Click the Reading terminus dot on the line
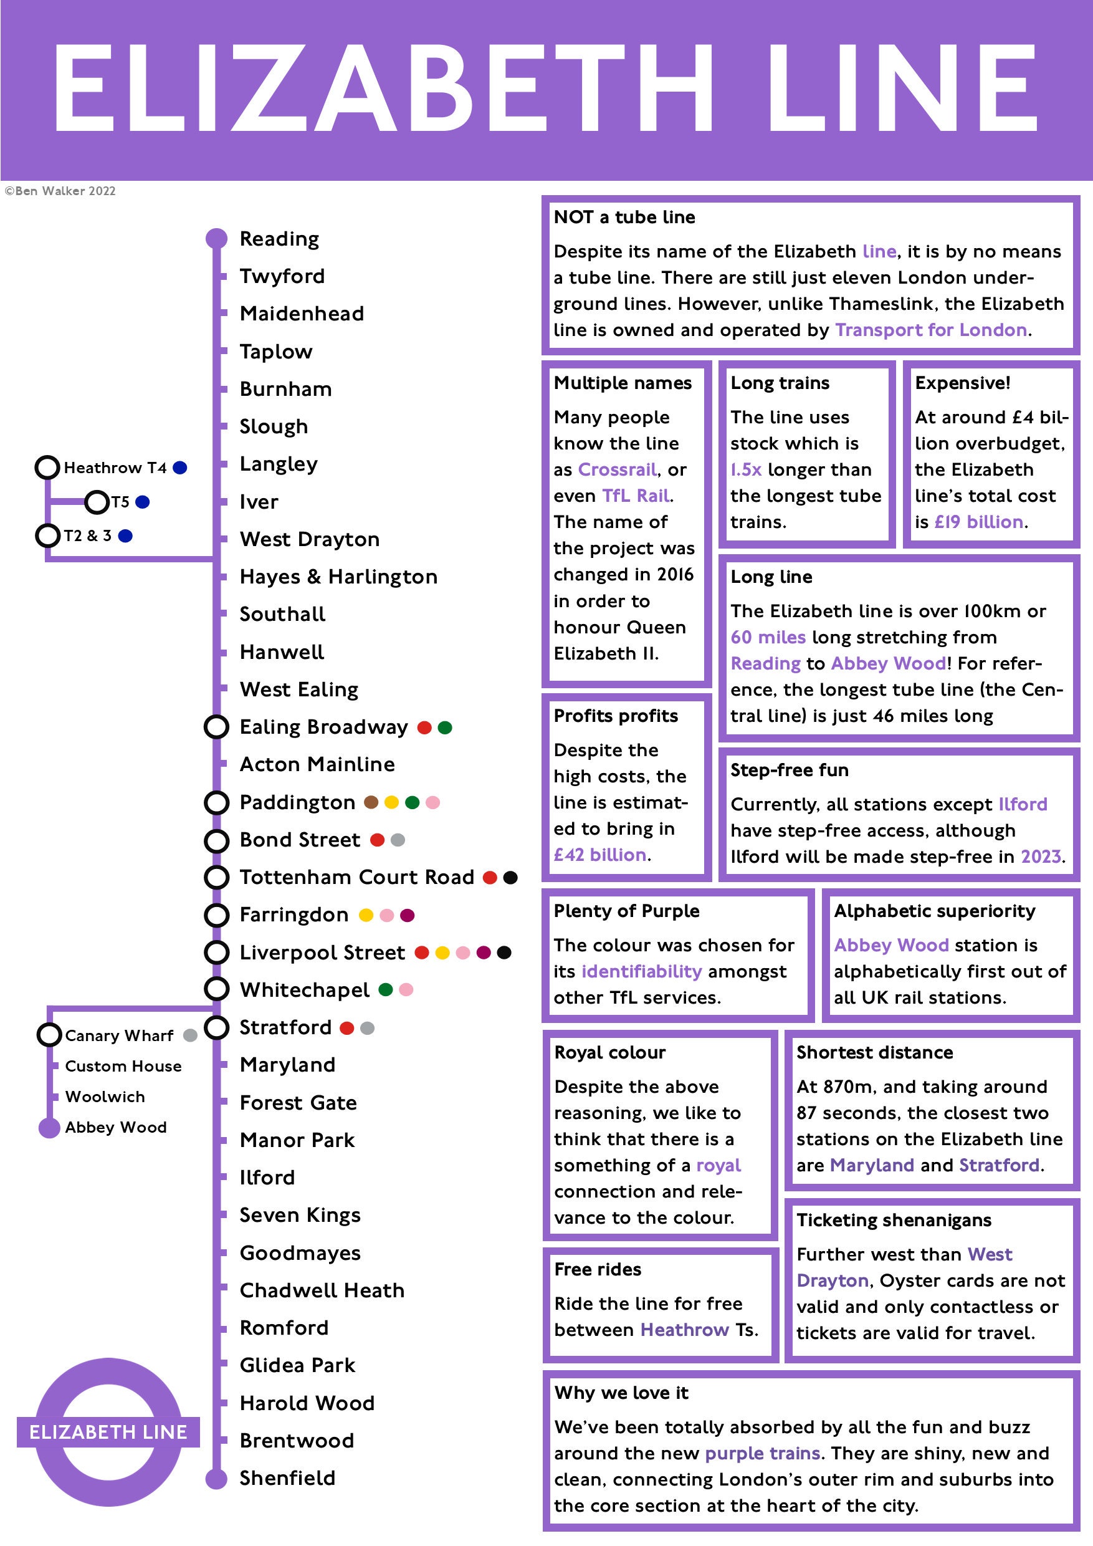tap(216, 238)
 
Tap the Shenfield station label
tap(287, 1478)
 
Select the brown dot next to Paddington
tap(371, 802)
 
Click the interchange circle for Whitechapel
tap(216, 989)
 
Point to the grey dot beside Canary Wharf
tap(191, 1035)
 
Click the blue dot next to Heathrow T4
tap(179, 468)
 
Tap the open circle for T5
tap(97, 502)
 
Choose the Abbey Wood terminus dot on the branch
tap(49, 1128)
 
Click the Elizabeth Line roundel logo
tap(108, 1431)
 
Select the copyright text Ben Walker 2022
tap(60, 191)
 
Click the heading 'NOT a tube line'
tap(624, 217)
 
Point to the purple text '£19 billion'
tap(978, 522)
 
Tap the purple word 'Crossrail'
tap(617, 469)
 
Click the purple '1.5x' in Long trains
tap(746, 469)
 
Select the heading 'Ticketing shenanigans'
tap(894, 1220)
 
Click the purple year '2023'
tap(1041, 857)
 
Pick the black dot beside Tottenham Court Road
tap(511, 877)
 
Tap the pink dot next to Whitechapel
tap(406, 989)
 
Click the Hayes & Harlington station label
tap(338, 577)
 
